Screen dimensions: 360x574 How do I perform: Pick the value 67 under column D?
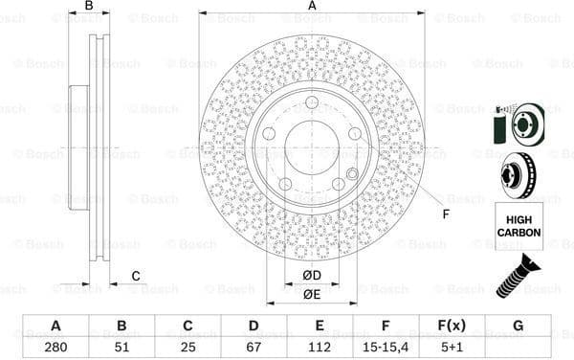coord(254,348)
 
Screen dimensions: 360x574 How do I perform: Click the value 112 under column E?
coord(320,348)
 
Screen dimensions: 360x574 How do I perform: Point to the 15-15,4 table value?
coord(386,348)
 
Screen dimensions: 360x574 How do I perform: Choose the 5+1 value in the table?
coord(452,348)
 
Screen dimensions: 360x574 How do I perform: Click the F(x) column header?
coord(452,326)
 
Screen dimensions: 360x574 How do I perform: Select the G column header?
coord(518,326)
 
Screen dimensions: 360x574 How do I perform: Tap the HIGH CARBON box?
coord(518,226)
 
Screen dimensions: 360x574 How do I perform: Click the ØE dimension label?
coord(312,295)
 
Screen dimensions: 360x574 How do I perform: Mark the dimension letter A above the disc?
coord(312,6)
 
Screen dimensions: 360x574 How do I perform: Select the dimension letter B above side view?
coord(89,6)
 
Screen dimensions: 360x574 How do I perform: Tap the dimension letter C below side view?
coord(136,277)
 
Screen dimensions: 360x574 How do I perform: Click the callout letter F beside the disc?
coord(446,214)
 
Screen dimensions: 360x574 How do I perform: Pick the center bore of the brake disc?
coord(312,146)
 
